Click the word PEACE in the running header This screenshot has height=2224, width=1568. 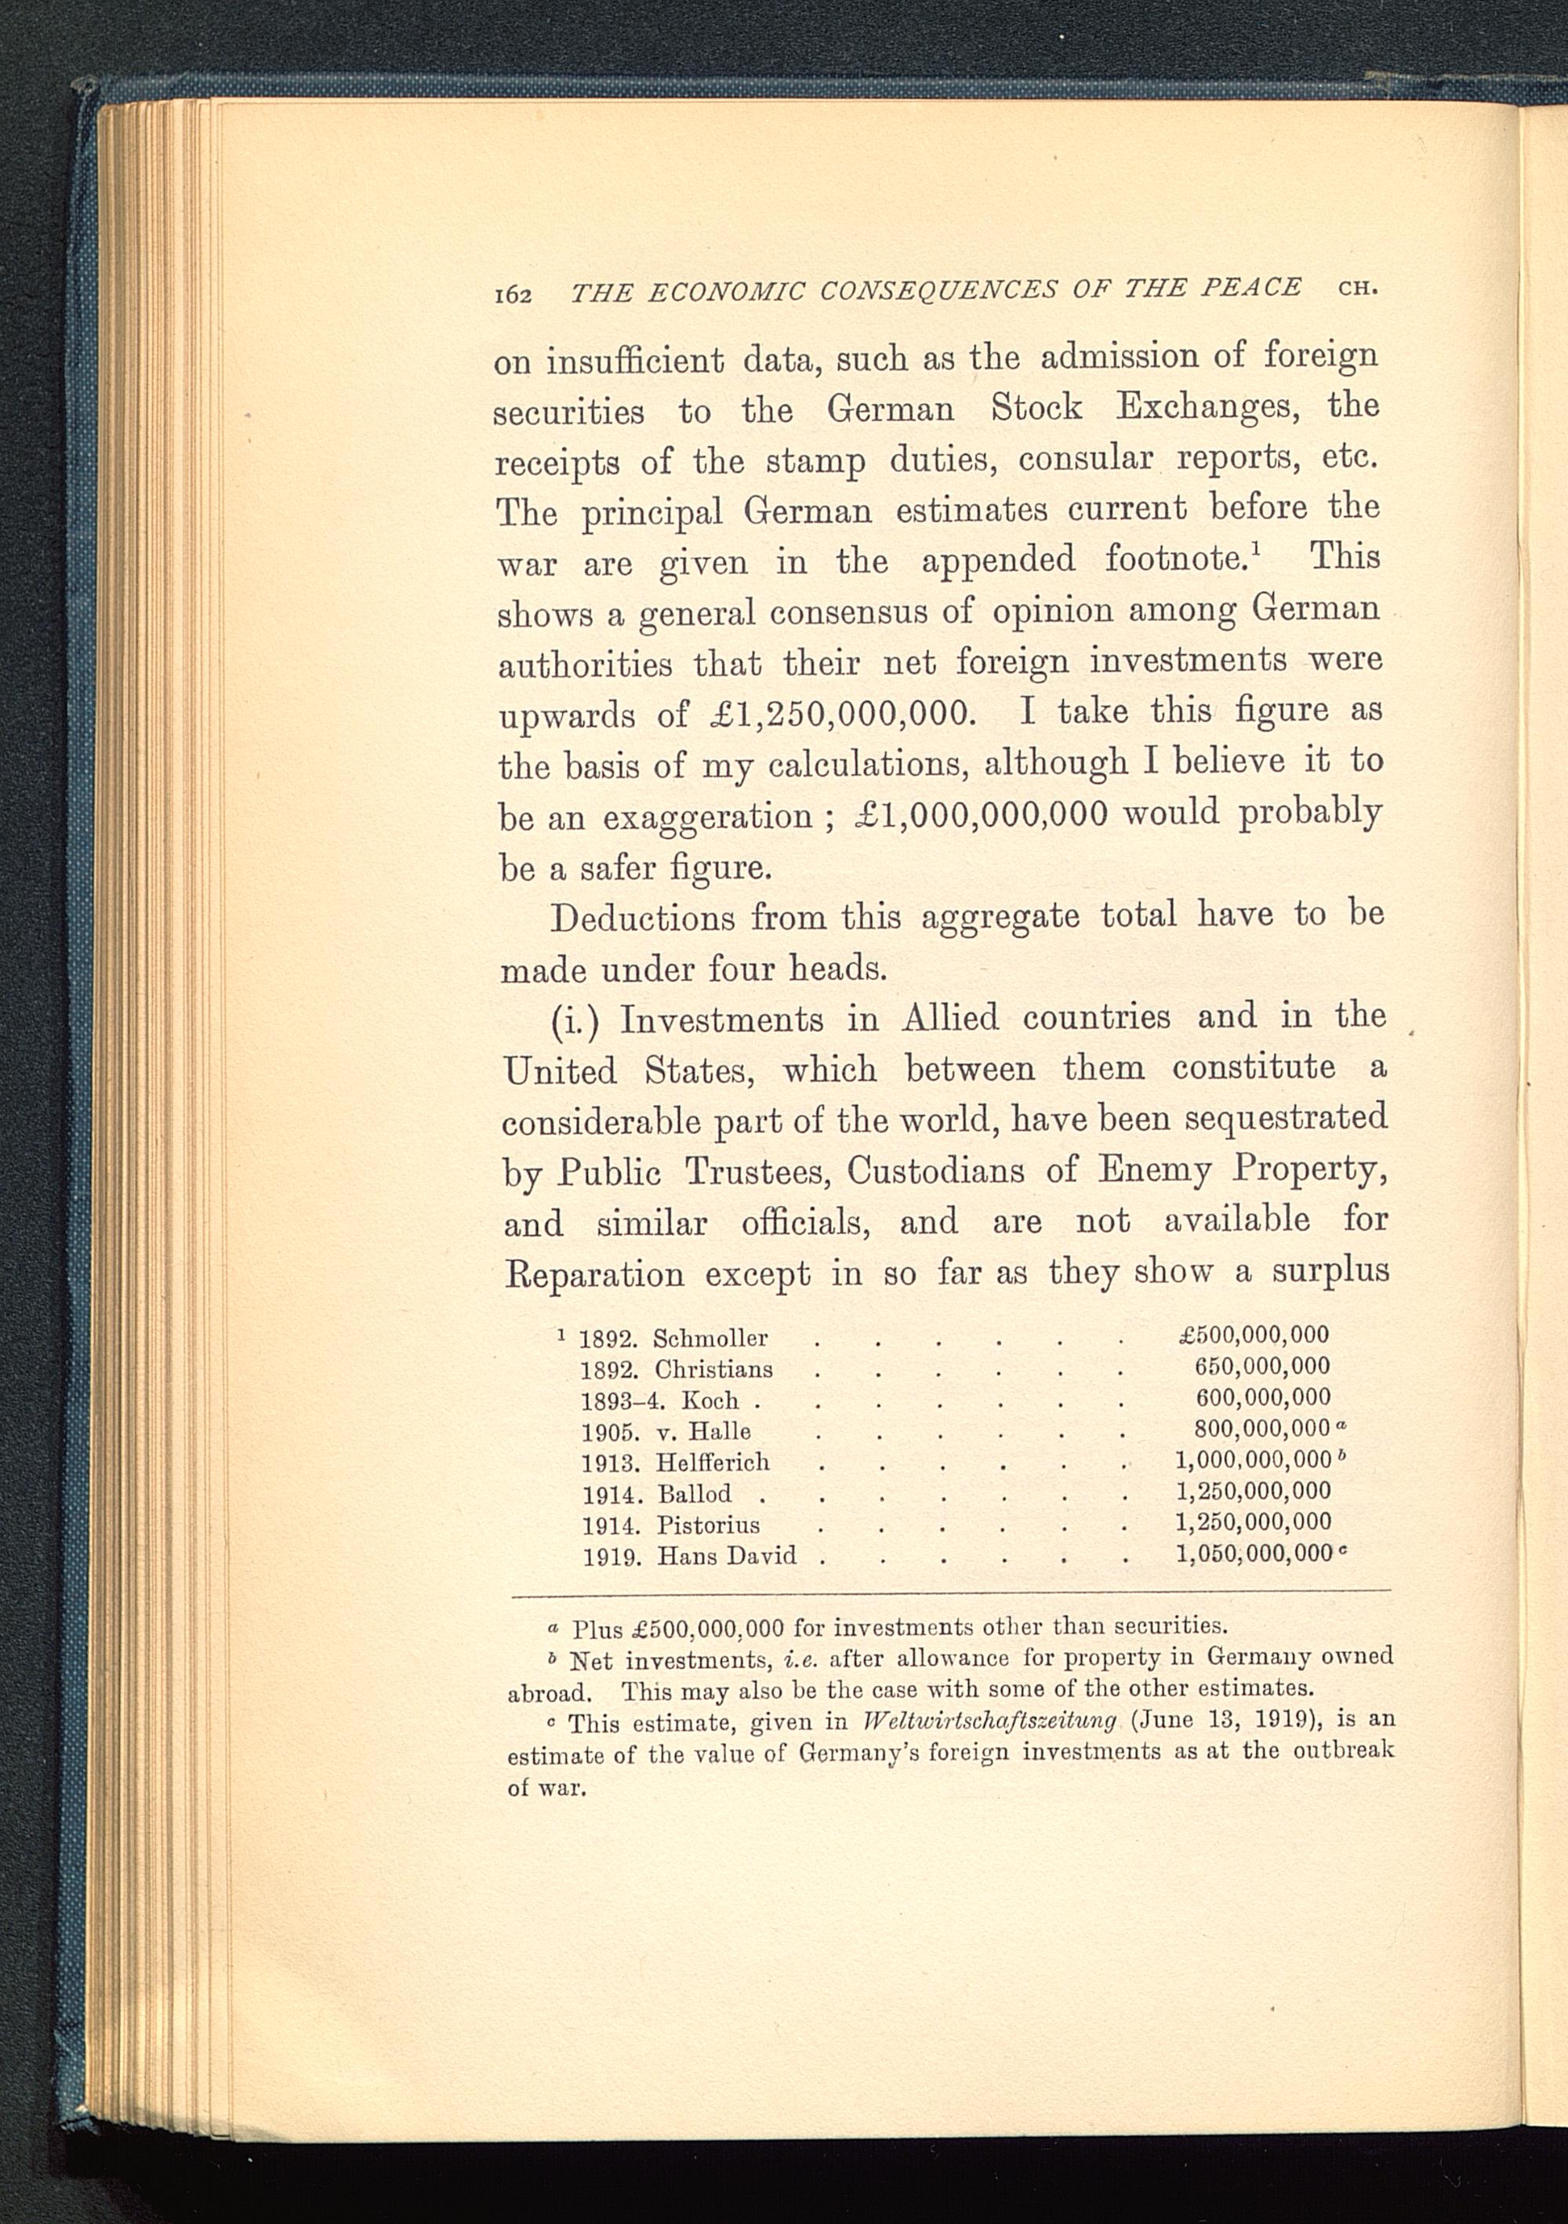point(1250,288)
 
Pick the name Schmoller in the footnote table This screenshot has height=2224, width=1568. point(710,1339)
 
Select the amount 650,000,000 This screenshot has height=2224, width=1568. point(1262,1366)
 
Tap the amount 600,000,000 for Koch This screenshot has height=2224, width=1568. point(1262,1397)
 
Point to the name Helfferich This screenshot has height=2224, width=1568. point(713,1463)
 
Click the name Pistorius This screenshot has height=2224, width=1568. point(708,1524)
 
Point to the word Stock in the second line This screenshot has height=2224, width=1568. point(1036,407)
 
